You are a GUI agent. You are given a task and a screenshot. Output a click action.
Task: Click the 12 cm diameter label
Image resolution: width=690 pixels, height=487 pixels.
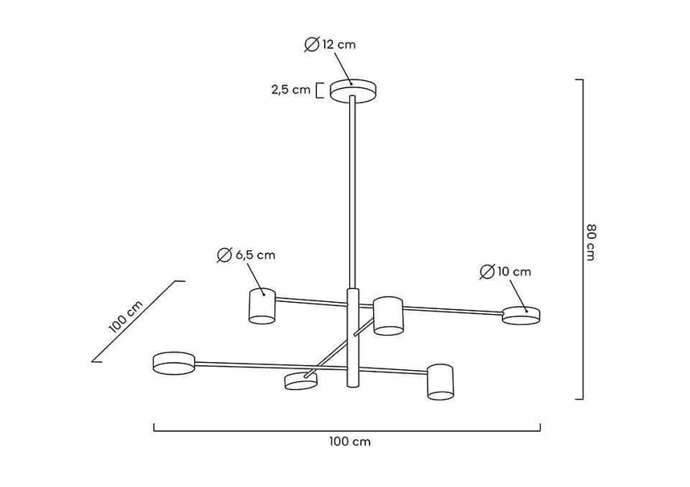click(331, 45)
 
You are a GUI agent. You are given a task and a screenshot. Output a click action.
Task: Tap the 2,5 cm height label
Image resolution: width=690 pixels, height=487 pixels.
click(290, 90)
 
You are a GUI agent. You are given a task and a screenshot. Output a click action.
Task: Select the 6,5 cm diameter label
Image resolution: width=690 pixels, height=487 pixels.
click(246, 256)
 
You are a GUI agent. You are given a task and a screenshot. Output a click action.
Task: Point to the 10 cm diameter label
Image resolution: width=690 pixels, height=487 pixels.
click(505, 272)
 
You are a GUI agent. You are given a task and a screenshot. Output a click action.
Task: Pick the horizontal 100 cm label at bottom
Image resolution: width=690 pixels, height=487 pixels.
click(349, 441)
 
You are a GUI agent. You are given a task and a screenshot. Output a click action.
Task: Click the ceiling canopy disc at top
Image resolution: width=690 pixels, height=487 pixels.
click(353, 90)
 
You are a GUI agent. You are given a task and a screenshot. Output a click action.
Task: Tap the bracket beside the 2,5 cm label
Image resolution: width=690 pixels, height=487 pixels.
click(319, 90)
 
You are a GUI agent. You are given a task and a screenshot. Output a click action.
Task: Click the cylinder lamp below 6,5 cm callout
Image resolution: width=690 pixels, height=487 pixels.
click(262, 305)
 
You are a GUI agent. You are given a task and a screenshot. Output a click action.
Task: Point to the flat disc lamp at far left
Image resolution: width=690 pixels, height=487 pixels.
click(174, 362)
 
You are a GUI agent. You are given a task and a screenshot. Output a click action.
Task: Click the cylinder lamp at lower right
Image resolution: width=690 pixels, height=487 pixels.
click(440, 381)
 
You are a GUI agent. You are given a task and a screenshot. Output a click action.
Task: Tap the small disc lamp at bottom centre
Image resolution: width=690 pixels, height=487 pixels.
click(300, 381)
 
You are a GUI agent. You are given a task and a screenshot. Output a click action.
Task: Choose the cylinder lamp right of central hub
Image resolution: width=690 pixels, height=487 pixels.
click(388, 316)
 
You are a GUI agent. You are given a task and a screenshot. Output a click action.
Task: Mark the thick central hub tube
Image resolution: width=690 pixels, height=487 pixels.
click(352, 336)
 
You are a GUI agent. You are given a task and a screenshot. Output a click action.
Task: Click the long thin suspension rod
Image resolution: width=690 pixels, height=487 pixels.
click(352, 192)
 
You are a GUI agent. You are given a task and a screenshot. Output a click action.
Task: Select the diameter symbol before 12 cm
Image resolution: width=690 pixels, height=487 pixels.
click(312, 45)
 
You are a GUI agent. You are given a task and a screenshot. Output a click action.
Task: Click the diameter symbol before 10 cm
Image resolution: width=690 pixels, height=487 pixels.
click(486, 272)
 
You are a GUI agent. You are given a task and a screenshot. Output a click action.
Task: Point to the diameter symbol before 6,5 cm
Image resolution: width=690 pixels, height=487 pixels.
click(224, 256)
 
